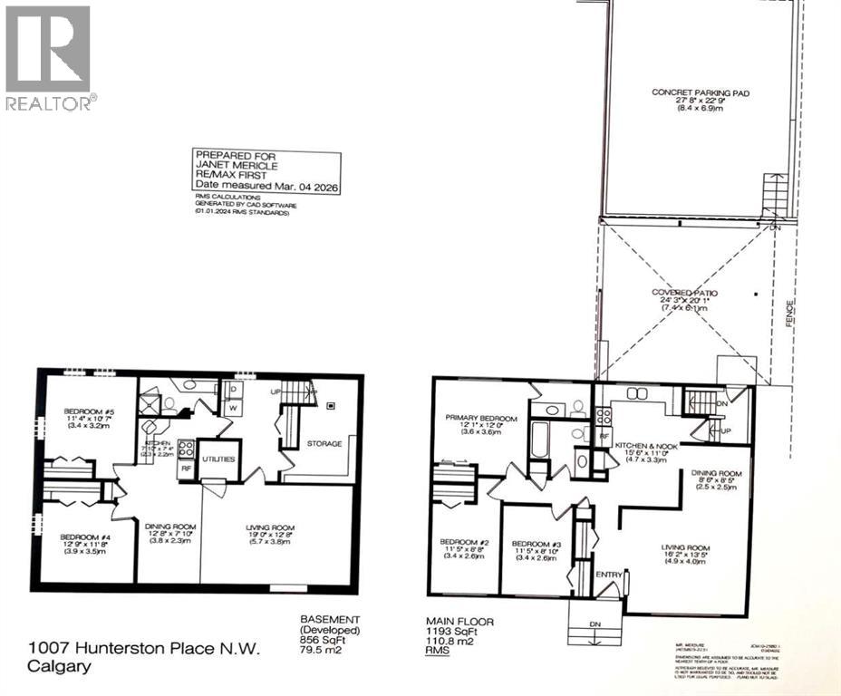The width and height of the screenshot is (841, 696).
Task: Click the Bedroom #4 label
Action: click(x=86, y=537)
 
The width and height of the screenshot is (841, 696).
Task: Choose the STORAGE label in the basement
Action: click(x=324, y=443)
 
